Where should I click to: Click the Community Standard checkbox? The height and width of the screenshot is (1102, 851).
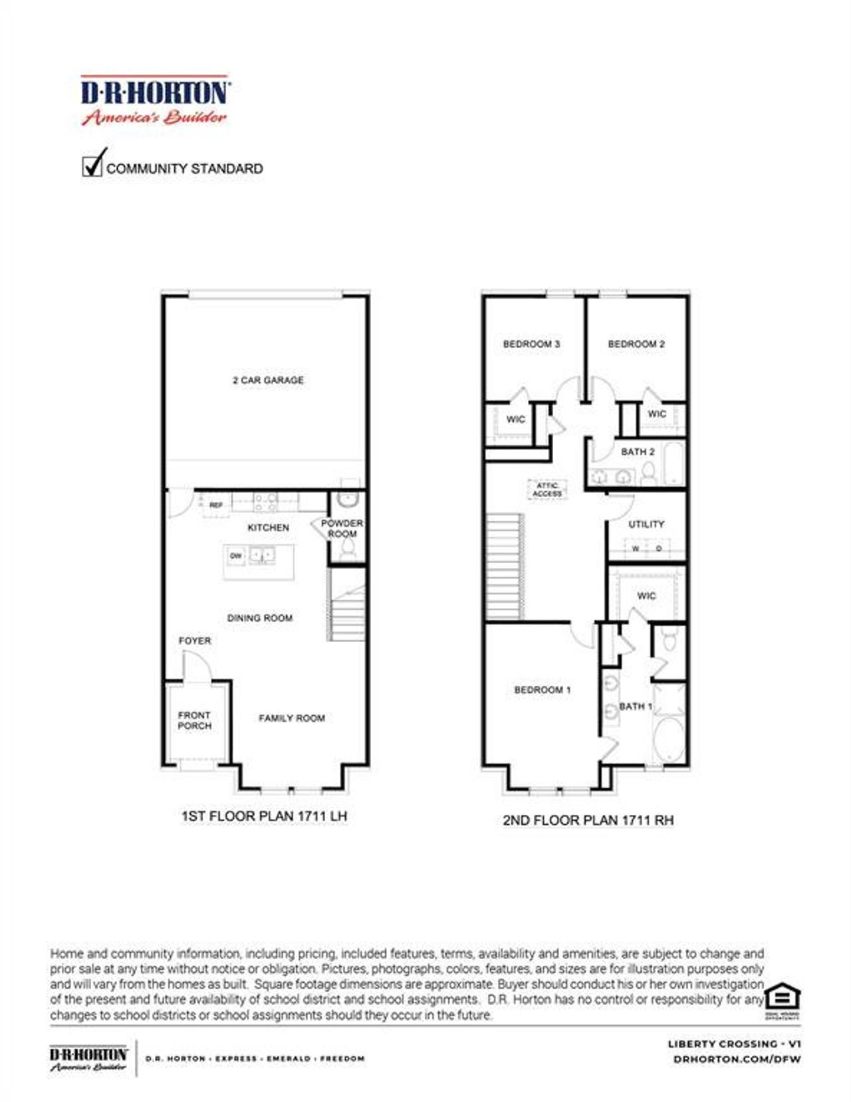pos(91,166)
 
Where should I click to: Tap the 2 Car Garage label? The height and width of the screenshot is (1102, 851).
pos(268,380)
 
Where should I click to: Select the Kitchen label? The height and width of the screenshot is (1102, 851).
pos(268,527)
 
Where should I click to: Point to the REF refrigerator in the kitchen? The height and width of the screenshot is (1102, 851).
pos(215,505)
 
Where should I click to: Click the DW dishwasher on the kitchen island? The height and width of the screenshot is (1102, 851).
pos(235,556)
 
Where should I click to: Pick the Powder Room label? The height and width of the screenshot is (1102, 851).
pos(342,528)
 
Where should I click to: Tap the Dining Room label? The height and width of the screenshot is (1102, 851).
pos(260,618)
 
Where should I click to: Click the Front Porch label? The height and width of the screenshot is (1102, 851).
pos(194,720)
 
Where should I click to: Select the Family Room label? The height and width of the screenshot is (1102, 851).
pos(292,718)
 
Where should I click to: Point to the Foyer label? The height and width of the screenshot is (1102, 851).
pos(195,641)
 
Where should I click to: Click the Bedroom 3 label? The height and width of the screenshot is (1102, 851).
pos(531,344)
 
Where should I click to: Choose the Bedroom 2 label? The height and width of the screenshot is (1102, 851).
pos(636,344)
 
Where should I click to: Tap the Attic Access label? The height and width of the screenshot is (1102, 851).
pos(547,490)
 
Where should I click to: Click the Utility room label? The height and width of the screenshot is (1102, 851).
pos(646,524)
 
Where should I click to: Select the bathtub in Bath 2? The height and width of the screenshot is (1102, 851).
pos(673,463)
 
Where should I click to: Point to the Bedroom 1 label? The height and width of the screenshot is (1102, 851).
pos(543,690)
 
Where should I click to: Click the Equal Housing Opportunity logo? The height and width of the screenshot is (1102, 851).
pos(782,998)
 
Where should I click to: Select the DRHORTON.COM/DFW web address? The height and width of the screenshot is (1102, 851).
pos(737,1059)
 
